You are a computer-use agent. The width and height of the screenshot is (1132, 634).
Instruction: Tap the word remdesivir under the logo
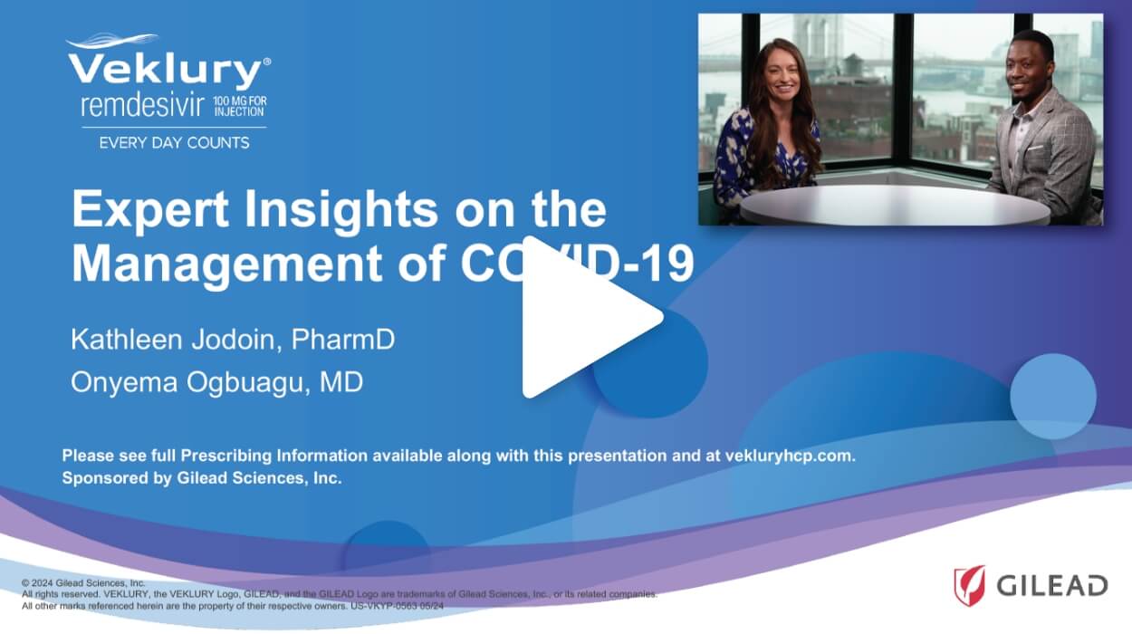[143, 106]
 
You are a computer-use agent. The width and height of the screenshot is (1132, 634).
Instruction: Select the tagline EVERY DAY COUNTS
[174, 142]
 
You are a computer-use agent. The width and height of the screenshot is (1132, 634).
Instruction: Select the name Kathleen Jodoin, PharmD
[233, 341]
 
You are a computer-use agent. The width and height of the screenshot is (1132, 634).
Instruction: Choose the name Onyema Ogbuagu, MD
[216, 382]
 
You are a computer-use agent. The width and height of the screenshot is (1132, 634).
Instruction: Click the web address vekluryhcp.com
[790, 456]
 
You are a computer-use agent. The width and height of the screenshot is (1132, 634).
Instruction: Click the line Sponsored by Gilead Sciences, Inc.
[201, 478]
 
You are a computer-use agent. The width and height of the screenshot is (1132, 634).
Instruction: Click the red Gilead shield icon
[969, 585]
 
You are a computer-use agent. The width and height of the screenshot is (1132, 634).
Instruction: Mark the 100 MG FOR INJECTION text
[239, 106]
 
